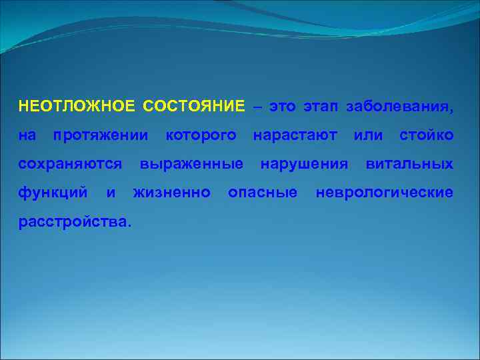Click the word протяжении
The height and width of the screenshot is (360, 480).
(x=101, y=136)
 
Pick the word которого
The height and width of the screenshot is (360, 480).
(x=201, y=136)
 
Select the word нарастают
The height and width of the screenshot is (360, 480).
(x=295, y=135)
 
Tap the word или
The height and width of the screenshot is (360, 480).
(x=368, y=135)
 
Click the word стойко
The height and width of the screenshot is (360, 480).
(x=427, y=135)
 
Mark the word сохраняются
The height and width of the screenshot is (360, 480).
(x=70, y=165)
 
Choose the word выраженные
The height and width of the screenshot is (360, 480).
(x=191, y=165)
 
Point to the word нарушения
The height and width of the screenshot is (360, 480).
(x=305, y=165)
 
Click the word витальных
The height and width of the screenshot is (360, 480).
(x=409, y=164)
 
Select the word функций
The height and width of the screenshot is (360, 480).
(x=53, y=193)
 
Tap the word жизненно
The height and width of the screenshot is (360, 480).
(x=173, y=193)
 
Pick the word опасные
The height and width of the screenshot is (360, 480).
(x=263, y=193)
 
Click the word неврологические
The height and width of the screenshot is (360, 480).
(x=385, y=193)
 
